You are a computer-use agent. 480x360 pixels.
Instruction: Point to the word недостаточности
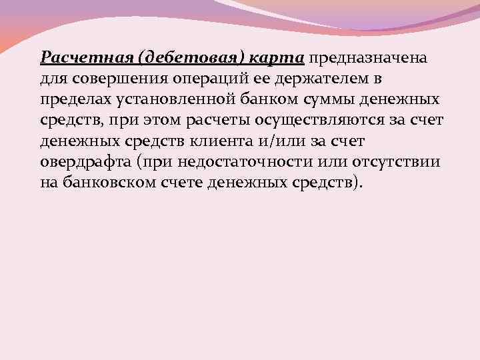pyautogui.click(x=238, y=163)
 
